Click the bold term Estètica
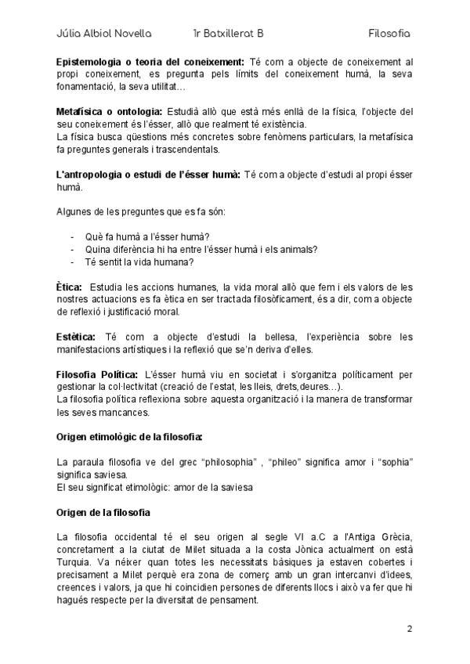point(76,337)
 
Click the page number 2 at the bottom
point(409,628)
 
